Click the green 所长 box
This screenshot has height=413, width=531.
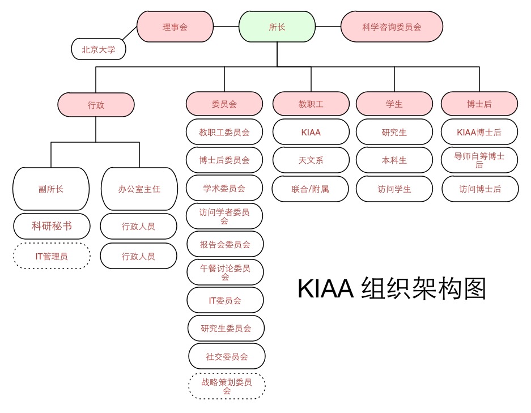[x=277, y=26]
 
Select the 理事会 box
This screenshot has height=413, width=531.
[x=175, y=26]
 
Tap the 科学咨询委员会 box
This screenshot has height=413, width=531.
[x=392, y=26]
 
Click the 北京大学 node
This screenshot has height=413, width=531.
[x=99, y=49]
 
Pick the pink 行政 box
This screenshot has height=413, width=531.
[x=96, y=105]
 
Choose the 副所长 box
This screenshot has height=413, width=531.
[x=51, y=189]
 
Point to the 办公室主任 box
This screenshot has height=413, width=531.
[x=139, y=189]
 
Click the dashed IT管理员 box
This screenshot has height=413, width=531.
[x=52, y=256]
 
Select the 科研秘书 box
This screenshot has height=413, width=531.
[x=52, y=226]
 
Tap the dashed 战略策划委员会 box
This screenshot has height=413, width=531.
[x=227, y=386]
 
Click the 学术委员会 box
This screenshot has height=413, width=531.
[x=224, y=188]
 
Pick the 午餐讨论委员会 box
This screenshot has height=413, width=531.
[x=225, y=272]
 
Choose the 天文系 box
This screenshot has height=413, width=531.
[x=311, y=160]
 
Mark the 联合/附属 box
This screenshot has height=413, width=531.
[x=311, y=189]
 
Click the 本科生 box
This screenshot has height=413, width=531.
[x=394, y=160]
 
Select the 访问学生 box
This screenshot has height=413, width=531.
[x=394, y=189]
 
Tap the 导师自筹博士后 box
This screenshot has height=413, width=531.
[x=479, y=160]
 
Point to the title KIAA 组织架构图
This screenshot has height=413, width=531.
[x=392, y=289]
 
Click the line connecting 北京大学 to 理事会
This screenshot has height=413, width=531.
[x=129, y=33]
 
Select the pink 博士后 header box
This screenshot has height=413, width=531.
[x=479, y=104]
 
